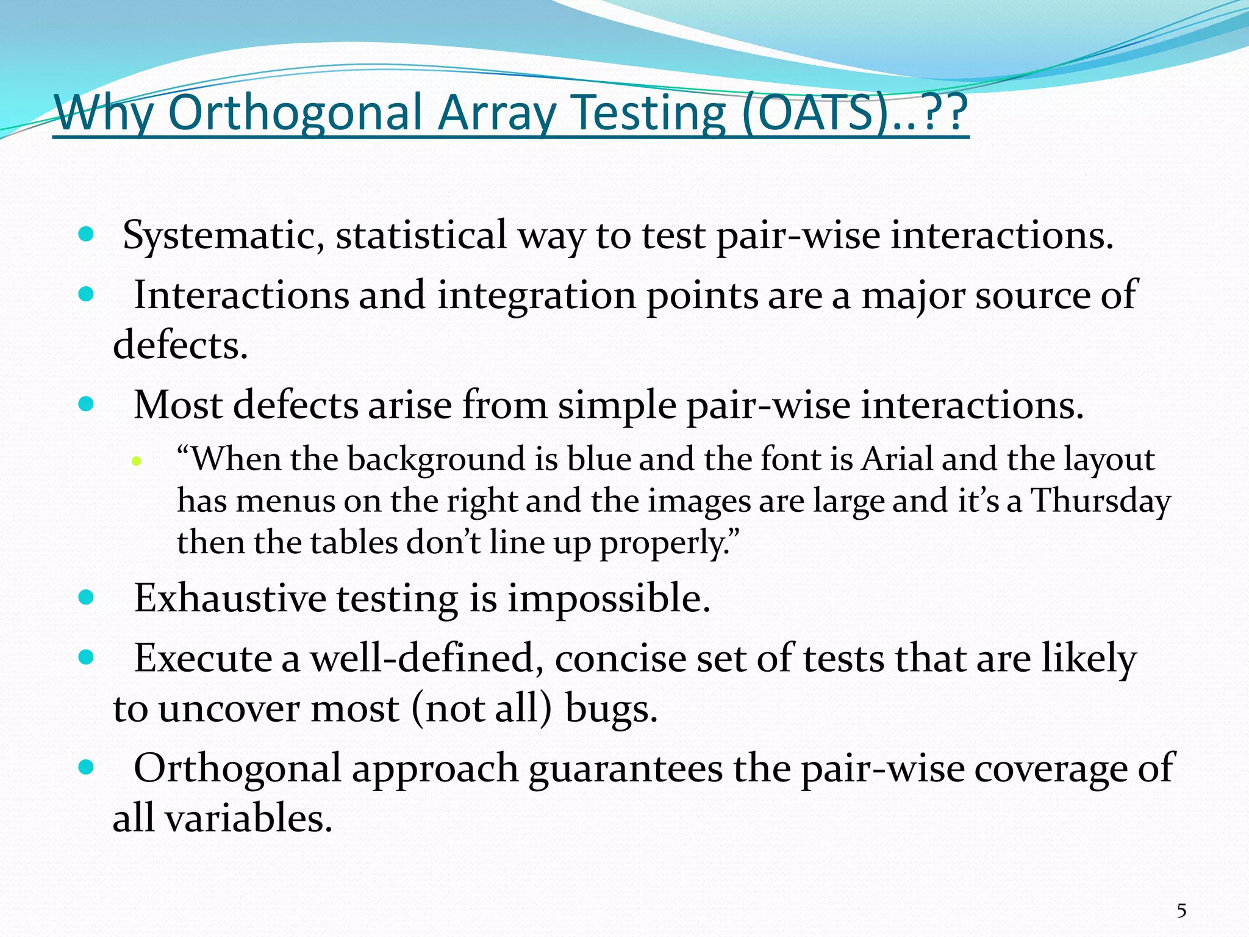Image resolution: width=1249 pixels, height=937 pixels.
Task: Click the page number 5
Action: click(1181, 911)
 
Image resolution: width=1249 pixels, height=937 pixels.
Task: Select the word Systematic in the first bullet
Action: click(223, 235)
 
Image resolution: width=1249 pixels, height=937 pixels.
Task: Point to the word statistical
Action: click(421, 235)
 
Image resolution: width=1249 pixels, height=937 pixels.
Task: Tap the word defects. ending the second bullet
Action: click(181, 346)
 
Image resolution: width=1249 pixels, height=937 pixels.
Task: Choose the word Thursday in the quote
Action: click(1101, 501)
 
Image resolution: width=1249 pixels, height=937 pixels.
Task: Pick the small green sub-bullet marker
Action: click(137, 461)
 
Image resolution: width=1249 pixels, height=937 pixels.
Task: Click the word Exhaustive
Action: click(230, 598)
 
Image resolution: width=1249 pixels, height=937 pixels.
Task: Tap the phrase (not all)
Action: click(481, 709)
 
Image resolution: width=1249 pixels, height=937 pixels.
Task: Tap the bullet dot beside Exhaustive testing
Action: click(87, 597)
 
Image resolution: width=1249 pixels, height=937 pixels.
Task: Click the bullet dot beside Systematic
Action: click(87, 234)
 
